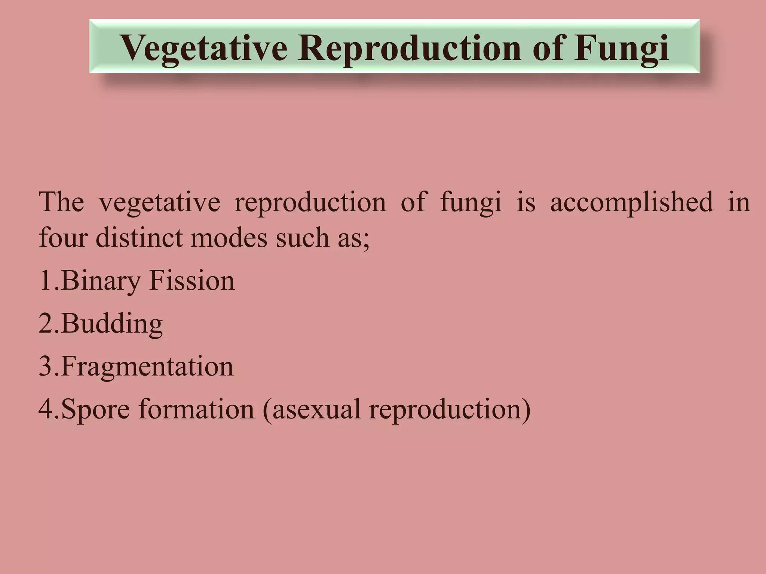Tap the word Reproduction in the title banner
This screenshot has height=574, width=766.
(x=410, y=48)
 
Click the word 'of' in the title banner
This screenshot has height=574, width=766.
(x=548, y=48)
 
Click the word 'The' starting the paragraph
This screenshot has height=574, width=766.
(x=61, y=202)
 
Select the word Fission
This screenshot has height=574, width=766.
(x=192, y=281)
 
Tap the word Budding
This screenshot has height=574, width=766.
(x=111, y=324)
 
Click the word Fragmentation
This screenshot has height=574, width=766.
(x=147, y=367)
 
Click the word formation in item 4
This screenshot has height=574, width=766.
(x=196, y=409)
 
